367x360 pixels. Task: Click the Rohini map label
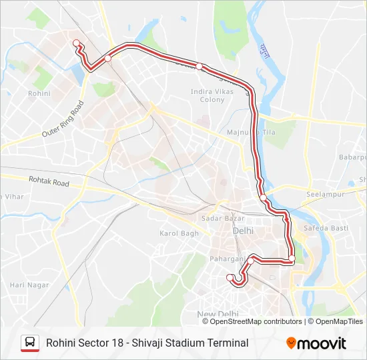pos(39,94)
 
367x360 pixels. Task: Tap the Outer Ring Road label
pos(63,119)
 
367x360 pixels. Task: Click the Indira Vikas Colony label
pos(212,95)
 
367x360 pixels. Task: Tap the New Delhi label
pos(218,314)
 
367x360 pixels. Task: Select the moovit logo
pos(316,343)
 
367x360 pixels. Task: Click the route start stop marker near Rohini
pos(76,43)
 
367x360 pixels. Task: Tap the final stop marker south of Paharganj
pos(230,277)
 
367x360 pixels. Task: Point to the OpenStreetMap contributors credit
pos(256,321)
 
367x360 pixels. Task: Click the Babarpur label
pos(353,157)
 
